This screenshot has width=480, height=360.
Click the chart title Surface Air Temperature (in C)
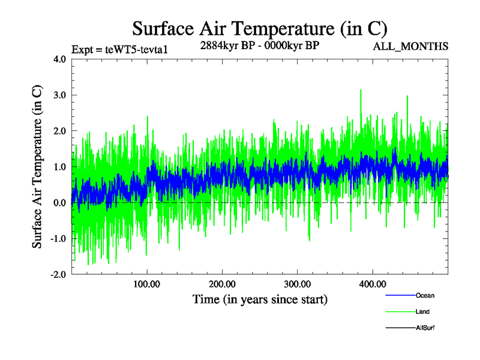259,29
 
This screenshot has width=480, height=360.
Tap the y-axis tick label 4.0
59,59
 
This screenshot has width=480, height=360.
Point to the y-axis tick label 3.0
59,95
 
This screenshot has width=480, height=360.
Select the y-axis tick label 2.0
59,131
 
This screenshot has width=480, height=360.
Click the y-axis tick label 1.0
59,167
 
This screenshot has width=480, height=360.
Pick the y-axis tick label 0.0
59,203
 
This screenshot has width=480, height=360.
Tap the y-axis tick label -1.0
58,239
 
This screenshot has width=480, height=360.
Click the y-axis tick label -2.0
58,275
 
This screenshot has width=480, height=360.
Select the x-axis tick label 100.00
146,284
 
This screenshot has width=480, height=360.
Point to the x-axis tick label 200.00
222,284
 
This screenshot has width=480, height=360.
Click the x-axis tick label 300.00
297,284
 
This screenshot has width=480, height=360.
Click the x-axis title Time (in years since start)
260,299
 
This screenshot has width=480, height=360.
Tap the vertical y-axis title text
37,167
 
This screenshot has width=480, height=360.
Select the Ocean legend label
425,295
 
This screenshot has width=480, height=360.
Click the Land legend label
422,311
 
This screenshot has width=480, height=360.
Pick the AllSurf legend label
425,328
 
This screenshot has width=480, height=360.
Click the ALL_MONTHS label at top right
410,47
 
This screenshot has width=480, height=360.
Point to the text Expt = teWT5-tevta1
119,50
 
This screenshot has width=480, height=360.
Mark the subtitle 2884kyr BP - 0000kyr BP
259,46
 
